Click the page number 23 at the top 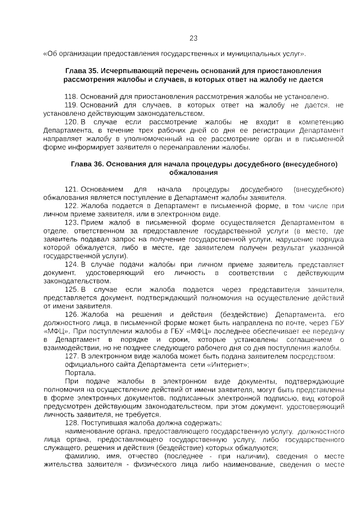[193, 38]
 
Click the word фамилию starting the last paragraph [80, 456]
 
